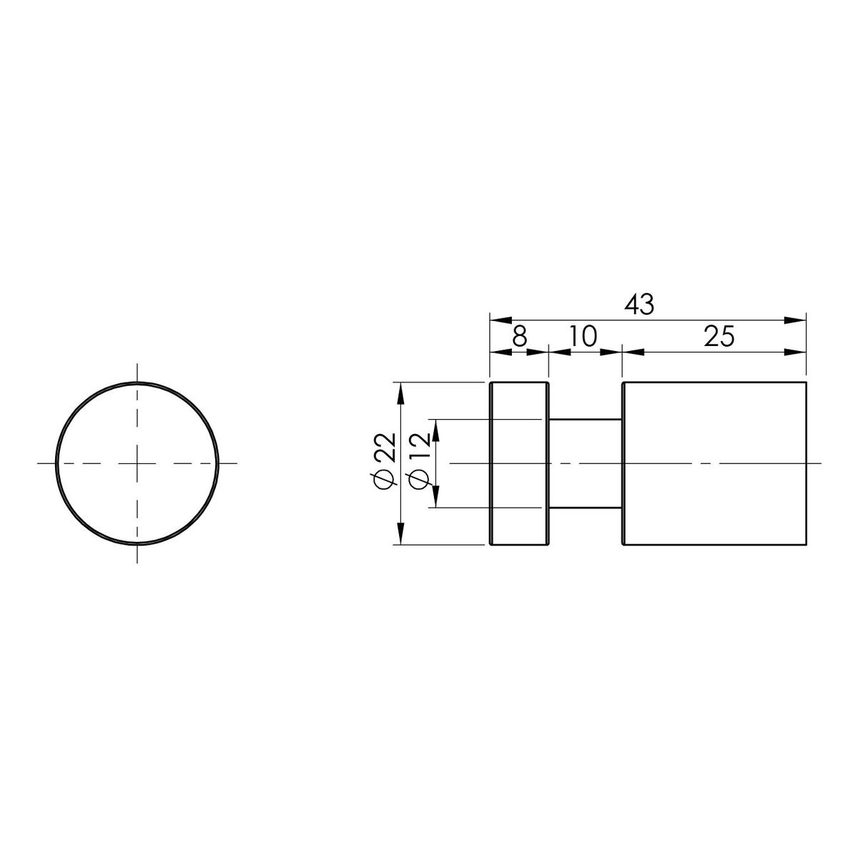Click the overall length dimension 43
pos(639,305)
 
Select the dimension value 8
pos(520,337)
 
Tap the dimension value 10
pos(583,337)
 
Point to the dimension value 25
pos(719,337)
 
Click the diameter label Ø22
pos(383,460)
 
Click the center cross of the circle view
pos(137,463)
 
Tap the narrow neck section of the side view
pos(585,463)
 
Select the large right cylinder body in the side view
pos(714,463)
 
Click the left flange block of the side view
pos(519,463)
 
